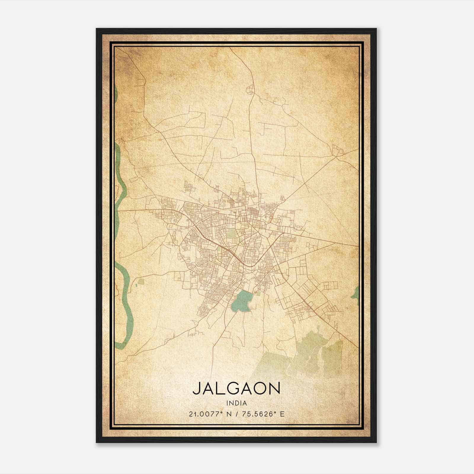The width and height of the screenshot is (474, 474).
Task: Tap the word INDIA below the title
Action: (x=236, y=403)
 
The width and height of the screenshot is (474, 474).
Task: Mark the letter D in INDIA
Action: (x=237, y=403)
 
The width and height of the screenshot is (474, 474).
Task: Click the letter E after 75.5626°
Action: (x=282, y=414)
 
